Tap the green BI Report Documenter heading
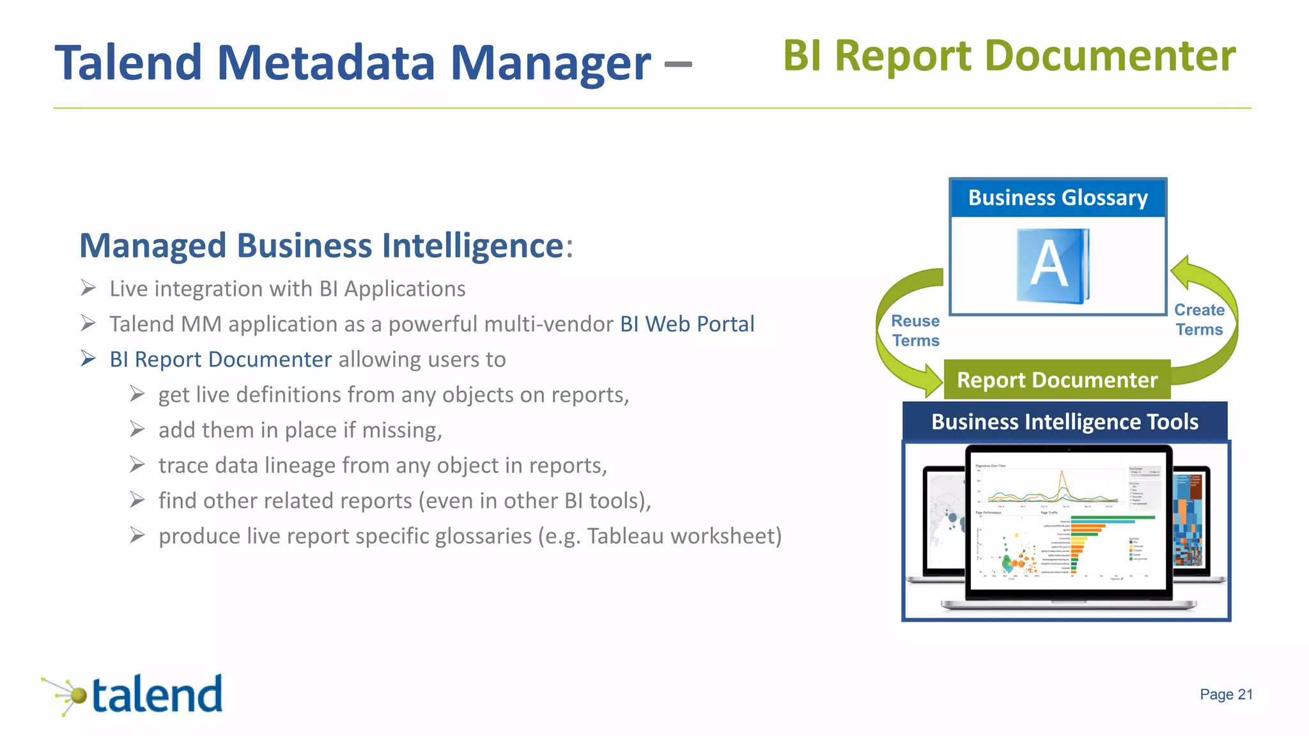(1009, 56)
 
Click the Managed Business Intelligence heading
(321, 246)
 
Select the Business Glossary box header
(1058, 198)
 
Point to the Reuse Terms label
(915, 330)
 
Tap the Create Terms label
(1199, 319)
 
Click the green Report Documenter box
(1057, 380)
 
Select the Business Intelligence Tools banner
(1065, 422)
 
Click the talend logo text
(157, 695)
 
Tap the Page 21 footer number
(1226, 694)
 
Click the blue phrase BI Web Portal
(687, 324)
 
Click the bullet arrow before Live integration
(88, 288)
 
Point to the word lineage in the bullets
(300, 466)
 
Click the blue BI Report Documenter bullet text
(221, 360)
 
